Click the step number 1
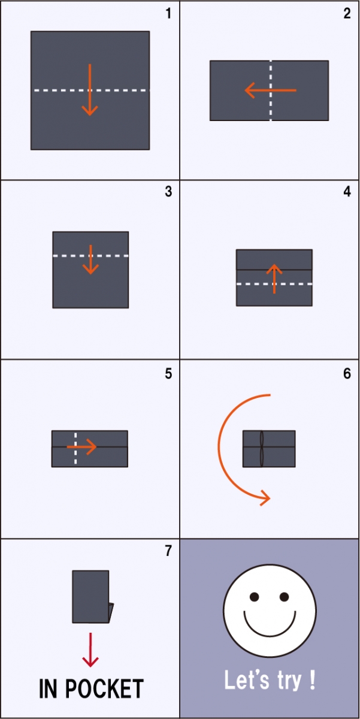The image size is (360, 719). tap(168, 13)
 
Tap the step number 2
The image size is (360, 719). tap(347, 13)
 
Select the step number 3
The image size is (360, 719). tap(168, 191)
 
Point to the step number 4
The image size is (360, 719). tap(347, 191)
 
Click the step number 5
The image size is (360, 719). tap(168, 374)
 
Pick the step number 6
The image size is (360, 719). tap(347, 374)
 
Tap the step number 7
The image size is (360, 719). tap(168, 551)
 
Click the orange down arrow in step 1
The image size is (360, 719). tap(90, 90)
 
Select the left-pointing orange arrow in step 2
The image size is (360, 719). tap(270, 90)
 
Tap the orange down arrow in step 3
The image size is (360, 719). tap(91, 259)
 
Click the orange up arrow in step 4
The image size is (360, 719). tap(274, 279)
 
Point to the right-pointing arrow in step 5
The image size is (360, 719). tap(81, 446)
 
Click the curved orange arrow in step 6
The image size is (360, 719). tap(219, 446)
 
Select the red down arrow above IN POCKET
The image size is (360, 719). tap(90, 650)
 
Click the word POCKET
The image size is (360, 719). tap(104, 688)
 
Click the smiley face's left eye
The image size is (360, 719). tap(255, 597)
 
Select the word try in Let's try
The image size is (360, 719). tap(289, 681)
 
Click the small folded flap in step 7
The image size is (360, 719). tap(111, 613)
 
